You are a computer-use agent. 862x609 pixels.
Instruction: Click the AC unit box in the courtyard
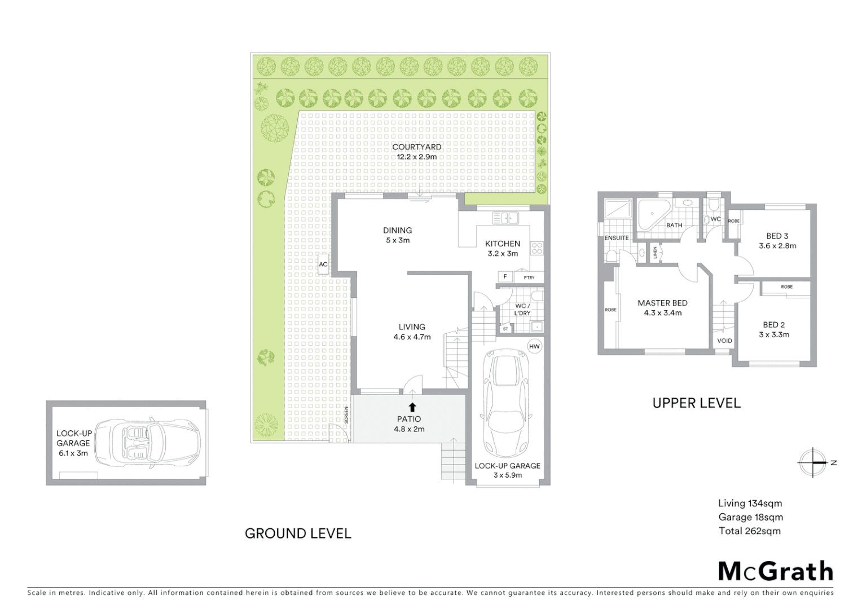click(x=323, y=264)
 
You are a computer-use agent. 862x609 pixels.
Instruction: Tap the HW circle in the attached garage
click(x=534, y=346)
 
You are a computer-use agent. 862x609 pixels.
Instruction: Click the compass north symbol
click(x=813, y=463)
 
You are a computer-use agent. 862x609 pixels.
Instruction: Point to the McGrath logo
click(x=775, y=571)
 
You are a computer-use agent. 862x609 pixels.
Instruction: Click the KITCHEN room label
click(x=503, y=244)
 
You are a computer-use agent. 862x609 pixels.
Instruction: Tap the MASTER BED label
click(x=662, y=303)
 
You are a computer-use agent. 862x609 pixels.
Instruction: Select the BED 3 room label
click(x=777, y=236)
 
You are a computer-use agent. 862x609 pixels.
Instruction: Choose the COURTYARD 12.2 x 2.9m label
click(x=417, y=147)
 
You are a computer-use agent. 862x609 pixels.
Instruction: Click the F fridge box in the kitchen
click(x=505, y=277)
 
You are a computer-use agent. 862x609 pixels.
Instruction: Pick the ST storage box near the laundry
click(x=505, y=329)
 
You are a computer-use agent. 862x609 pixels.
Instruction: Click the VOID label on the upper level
click(x=724, y=341)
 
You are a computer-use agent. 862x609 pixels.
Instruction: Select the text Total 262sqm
click(x=750, y=531)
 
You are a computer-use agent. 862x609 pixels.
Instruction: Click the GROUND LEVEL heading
click(x=298, y=533)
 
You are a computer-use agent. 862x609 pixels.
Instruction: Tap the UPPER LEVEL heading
click(x=696, y=403)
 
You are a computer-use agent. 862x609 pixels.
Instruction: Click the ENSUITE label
click(x=617, y=238)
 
